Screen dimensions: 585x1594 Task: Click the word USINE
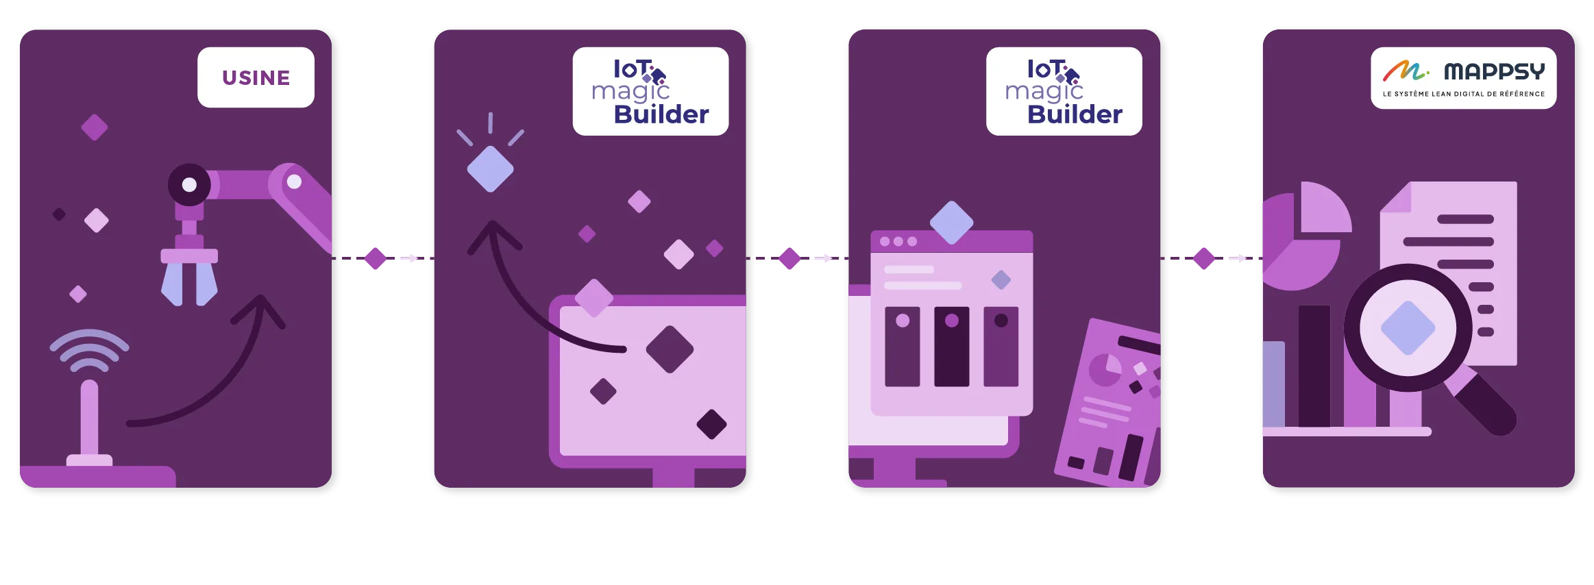pos(256,78)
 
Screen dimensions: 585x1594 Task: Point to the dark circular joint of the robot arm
pos(189,184)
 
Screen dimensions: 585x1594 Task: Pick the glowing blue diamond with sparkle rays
pos(490,169)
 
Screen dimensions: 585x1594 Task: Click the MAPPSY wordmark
pos(1494,71)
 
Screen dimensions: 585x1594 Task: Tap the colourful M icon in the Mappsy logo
pos(1403,71)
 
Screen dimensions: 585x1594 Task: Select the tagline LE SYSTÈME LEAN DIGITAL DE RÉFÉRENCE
pos(1463,94)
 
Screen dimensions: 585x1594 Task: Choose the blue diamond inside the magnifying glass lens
pos(1408,328)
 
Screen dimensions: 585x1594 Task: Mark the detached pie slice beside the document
pos(1324,208)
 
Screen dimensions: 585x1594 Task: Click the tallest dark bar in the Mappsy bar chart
pos(1314,366)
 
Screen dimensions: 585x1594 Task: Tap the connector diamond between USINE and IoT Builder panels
pos(375,258)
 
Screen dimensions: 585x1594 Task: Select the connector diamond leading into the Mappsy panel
pos(1203,258)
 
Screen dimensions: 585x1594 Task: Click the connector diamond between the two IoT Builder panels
pos(789,258)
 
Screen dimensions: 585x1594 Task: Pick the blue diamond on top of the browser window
pos(951,222)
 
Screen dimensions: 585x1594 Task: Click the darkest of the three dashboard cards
pos(951,347)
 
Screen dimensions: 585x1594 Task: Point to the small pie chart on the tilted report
pos(1105,370)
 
